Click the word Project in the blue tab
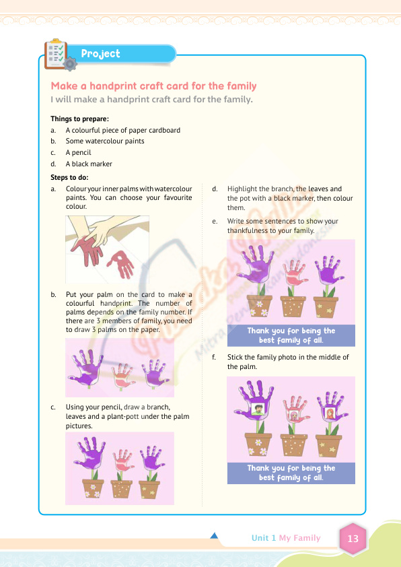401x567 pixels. (100, 53)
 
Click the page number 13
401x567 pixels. (353, 539)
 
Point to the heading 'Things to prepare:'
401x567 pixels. (79, 119)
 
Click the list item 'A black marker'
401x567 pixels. (89, 164)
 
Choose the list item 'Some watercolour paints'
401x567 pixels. (105, 141)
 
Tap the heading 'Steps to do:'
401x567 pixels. (69, 178)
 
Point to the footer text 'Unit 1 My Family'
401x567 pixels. (286, 538)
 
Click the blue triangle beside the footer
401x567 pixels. (214, 535)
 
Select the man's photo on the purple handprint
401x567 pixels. (258, 409)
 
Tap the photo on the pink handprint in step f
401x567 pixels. (294, 415)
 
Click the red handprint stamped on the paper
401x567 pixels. (121, 264)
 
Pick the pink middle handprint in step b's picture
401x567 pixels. (122, 375)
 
